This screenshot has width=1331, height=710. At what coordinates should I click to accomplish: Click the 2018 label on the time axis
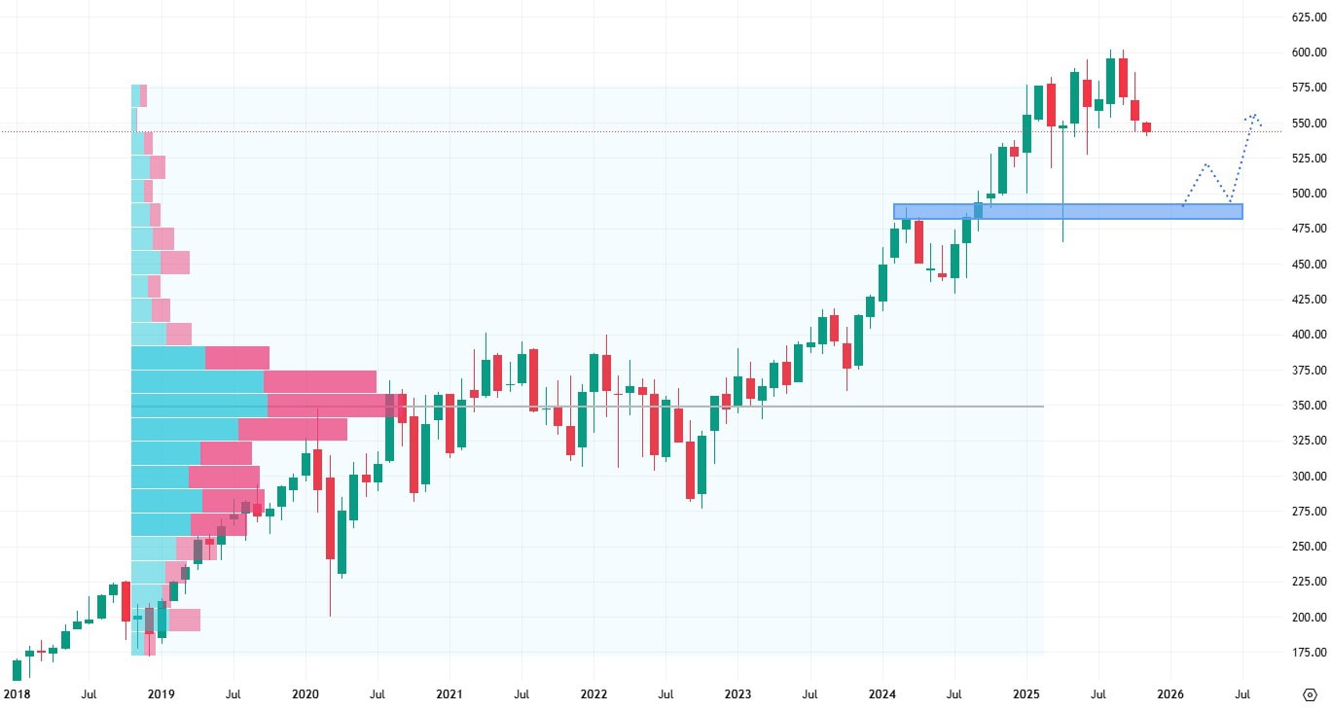[x=17, y=694]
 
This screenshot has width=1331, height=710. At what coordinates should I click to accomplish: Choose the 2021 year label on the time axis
[x=449, y=694]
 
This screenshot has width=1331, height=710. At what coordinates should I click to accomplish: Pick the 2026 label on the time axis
[x=1169, y=694]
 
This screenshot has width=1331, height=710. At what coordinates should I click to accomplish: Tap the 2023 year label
[x=737, y=694]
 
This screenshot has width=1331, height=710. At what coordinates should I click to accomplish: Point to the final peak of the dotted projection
[x=1253, y=115]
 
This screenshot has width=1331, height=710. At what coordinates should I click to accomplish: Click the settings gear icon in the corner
[x=1309, y=694]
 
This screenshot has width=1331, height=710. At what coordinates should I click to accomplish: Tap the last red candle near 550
[x=1146, y=127]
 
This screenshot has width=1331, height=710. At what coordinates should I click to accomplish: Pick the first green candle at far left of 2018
[x=17, y=670]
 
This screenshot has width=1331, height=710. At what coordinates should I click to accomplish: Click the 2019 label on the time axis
[x=161, y=694]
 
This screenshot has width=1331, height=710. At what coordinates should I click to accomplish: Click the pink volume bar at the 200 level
[x=184, y=620]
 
